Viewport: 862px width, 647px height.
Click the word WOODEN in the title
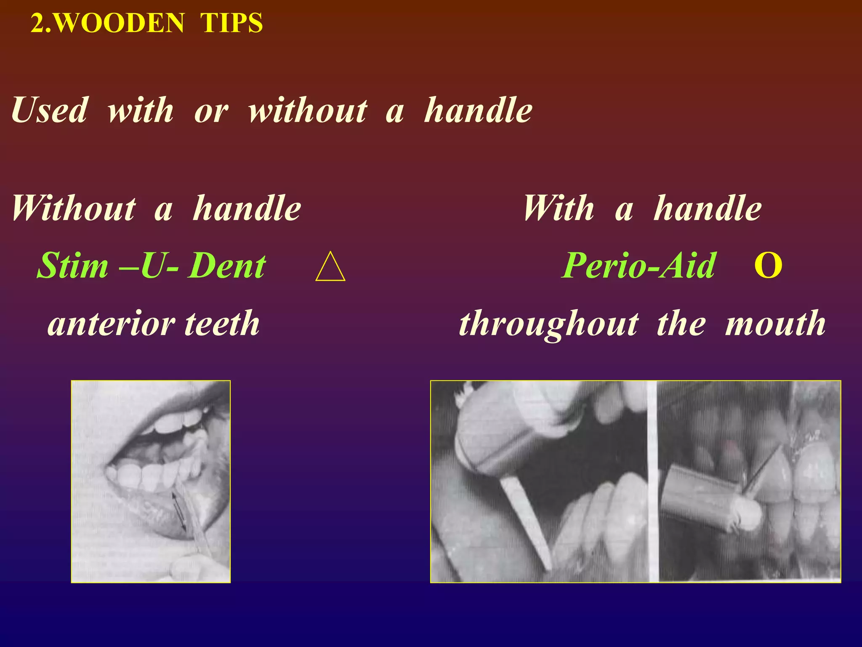click(x=120, y=23)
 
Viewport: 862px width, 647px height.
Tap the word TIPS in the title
click(x=231, y=23)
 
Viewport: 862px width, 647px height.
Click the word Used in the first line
click(x=50, y=110)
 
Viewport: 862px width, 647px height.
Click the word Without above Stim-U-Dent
click(x=74, y=208)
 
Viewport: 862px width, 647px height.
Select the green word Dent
click(x=227, y=266)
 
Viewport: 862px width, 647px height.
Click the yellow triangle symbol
click(x=330, y=267)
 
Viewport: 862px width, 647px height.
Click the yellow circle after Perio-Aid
click(x=768, y=266)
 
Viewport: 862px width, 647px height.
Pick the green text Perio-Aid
click(x=639, y=266)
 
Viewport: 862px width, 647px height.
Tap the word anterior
click(x=111, y=323)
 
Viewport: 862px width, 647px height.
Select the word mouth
click(x=775, y=323)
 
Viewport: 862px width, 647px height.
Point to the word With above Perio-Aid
click(x=559, y=208)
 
